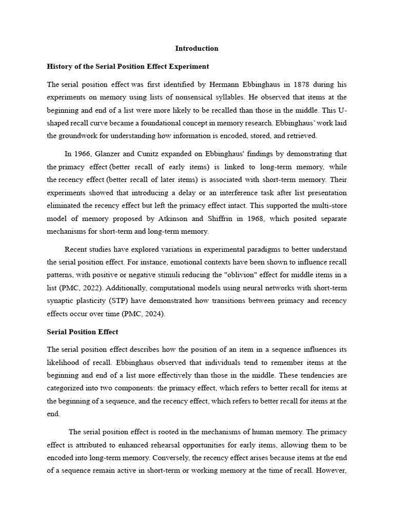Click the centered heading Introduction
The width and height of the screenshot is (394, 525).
[x=196, y=49]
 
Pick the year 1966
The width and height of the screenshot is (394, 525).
[x=82, y=154]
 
